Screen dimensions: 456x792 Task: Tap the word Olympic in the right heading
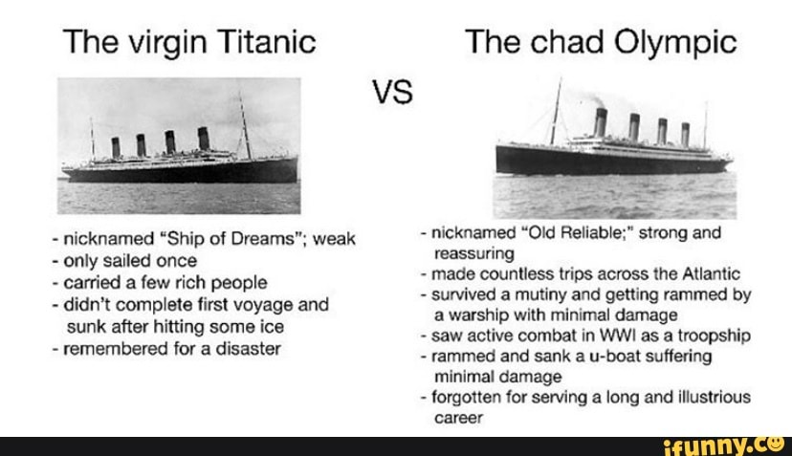[678, 43]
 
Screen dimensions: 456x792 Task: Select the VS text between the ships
[393, 93]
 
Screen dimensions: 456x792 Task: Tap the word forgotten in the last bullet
[463, 397]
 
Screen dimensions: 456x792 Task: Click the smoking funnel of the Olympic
[600, 121]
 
